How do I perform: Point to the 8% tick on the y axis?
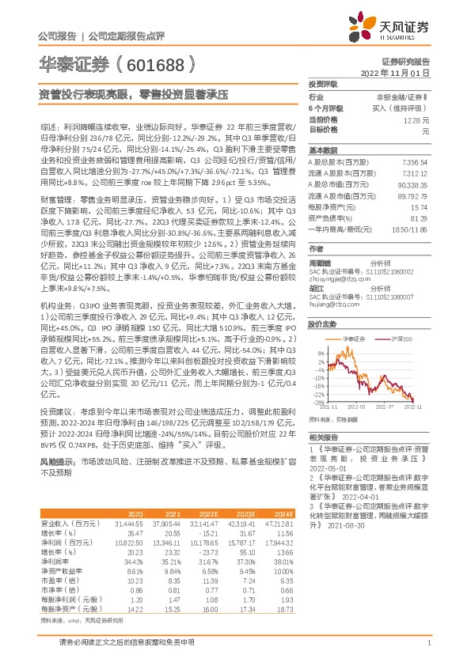coord(319,352)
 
